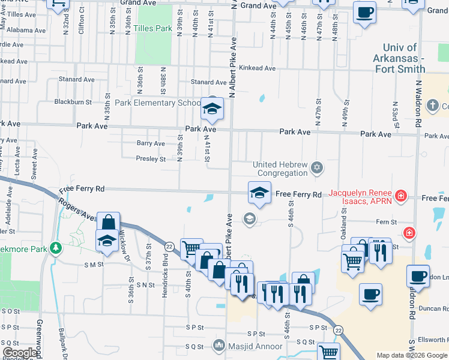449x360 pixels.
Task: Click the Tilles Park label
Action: pos(152,28)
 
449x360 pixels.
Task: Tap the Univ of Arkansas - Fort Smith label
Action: pos(403,58)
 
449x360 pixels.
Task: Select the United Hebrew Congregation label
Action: pos(280,169)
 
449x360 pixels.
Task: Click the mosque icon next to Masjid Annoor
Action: pos(219,346)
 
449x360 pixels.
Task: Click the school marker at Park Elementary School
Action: pos(211,109)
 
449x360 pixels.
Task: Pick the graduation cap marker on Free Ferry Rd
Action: pos(259,193)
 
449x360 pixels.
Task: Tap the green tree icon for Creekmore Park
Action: pos(56,247)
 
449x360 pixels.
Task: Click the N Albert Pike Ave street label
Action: pos(232,66)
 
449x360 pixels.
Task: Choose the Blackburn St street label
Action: pos(73,102)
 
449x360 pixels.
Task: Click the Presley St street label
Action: pos(151,159)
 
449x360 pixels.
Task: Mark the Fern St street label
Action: pos(386,222)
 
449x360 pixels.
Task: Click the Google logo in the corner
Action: pos(20,353)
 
